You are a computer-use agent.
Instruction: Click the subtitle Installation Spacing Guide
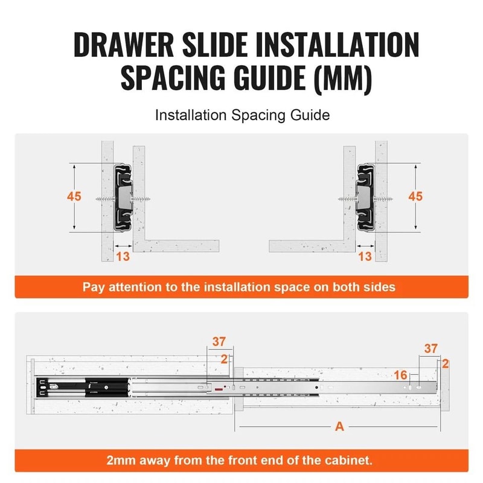[242, 115]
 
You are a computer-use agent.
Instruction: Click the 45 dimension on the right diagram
[415, 197]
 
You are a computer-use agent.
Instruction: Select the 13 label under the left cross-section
[123, 257]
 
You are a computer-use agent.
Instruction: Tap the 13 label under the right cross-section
[365, 257]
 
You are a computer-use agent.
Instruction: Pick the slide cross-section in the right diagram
[365, 196]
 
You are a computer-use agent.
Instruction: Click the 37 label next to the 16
[430, 348]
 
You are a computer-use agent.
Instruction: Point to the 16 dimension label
[400, 376]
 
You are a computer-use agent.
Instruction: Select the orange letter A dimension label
[339, 427]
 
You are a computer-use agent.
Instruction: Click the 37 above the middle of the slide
[218, 342]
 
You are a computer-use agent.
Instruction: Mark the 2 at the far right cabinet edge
[446, 363]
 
